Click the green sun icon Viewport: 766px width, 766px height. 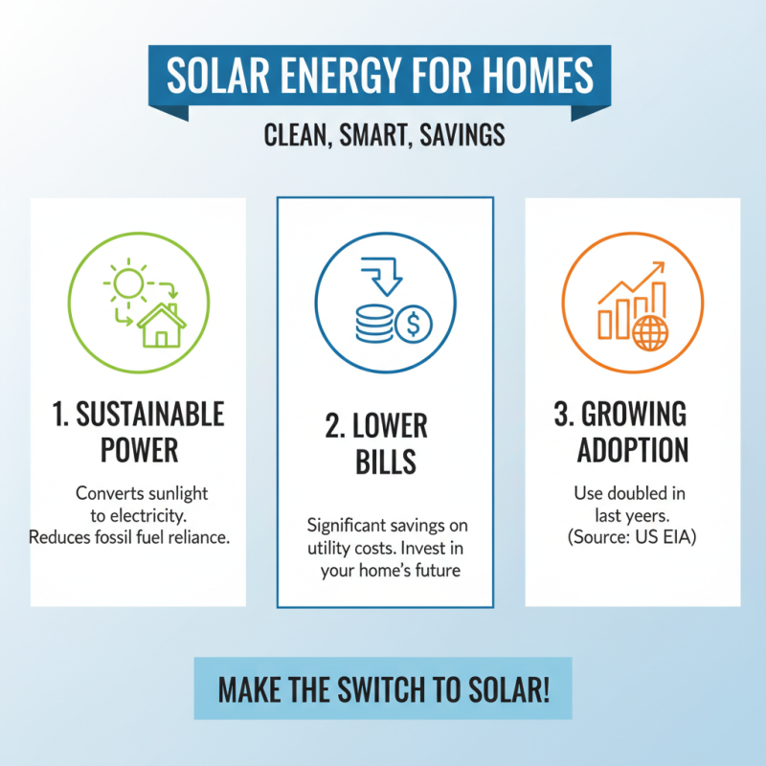[x=127, y=282]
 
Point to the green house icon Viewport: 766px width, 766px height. [x=162, y=326]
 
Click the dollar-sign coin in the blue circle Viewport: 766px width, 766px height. [x=414, y=324]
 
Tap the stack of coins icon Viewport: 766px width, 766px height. [x=374, y=324]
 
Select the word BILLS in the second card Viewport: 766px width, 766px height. [x=385, y=462]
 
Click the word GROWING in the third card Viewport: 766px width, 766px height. [x=645, y=415]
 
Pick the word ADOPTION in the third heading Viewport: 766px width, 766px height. [x=632, y=450]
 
